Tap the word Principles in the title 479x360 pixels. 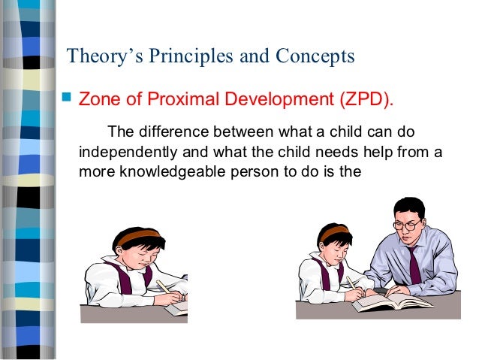191,56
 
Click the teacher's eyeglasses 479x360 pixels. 405,224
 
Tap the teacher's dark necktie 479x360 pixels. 415,264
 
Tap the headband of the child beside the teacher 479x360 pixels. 333,231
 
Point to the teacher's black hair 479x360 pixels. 409,206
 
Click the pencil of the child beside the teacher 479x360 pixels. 351,283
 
